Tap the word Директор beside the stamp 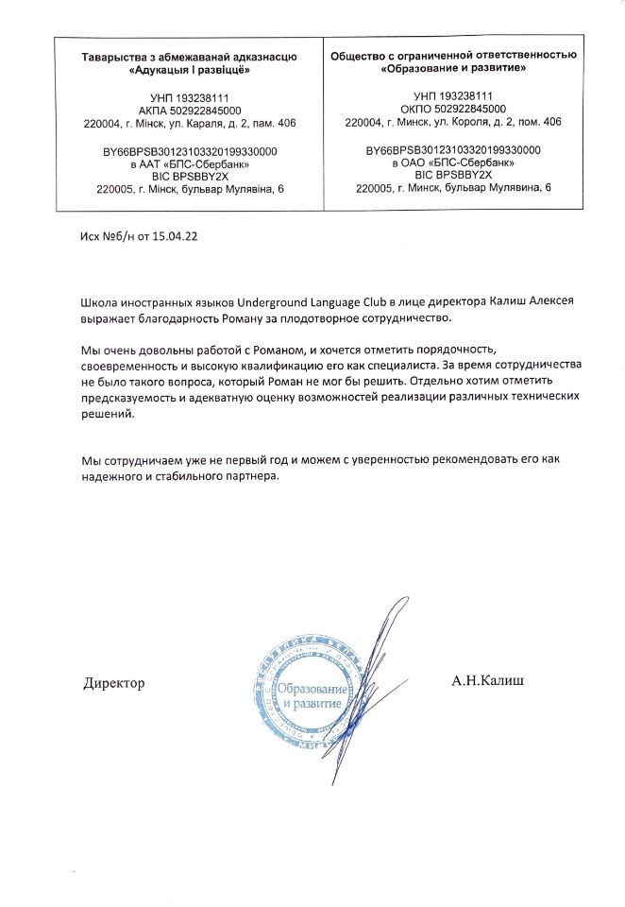[114, 682]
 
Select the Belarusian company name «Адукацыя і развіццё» [189, 70]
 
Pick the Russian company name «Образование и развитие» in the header [453, 70]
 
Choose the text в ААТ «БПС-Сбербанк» [190, 163]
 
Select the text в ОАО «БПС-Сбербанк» [453, 163]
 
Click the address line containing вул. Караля [190, 123]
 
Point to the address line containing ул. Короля [453, 123]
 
